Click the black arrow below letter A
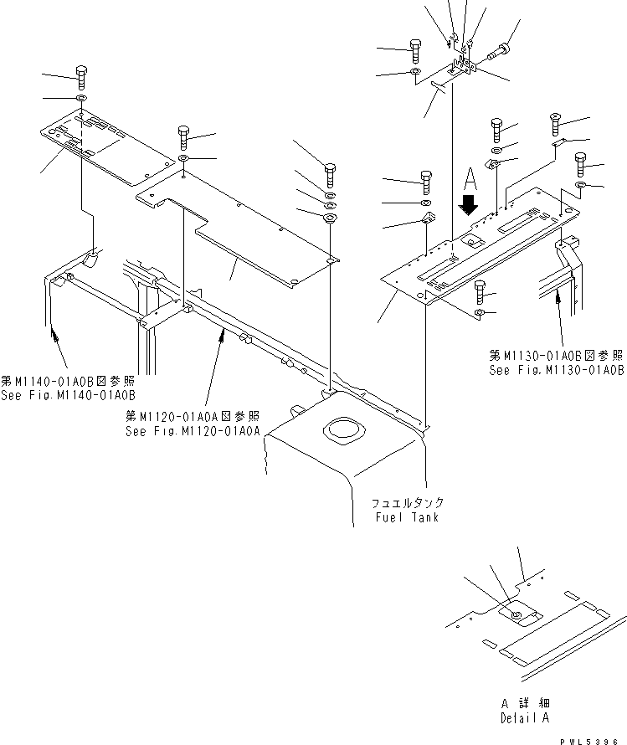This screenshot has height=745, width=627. (469, 204)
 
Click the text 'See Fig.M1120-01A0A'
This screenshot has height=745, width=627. (193, 430)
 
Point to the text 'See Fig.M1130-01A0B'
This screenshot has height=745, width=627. (557, 369)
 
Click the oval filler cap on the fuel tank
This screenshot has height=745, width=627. (342, 432)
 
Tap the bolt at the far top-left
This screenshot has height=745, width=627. (80, 76)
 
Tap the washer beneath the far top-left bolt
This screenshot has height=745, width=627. (80, 100)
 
